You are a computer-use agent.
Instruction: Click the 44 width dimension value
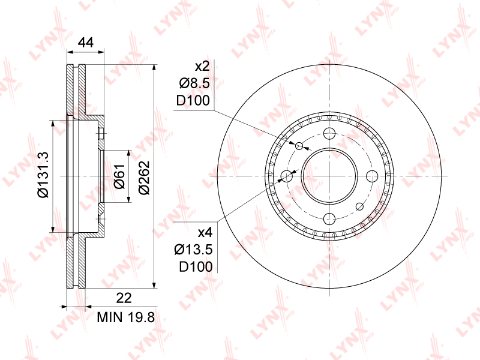coord(86,42)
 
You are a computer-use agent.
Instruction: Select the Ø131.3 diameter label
coord(43,175)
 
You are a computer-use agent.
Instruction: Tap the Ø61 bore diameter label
coord(119,176)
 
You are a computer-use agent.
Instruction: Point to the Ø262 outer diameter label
coord(144,178)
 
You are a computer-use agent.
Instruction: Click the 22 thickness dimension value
coord(124,298)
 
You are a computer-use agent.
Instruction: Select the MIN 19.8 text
coord(126,317)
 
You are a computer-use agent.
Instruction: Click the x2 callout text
coord(202,67)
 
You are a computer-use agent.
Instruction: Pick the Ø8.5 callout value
coord(194,83)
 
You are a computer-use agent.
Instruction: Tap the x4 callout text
coord(205,233)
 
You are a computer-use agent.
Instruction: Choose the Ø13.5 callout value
coord(193,250)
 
